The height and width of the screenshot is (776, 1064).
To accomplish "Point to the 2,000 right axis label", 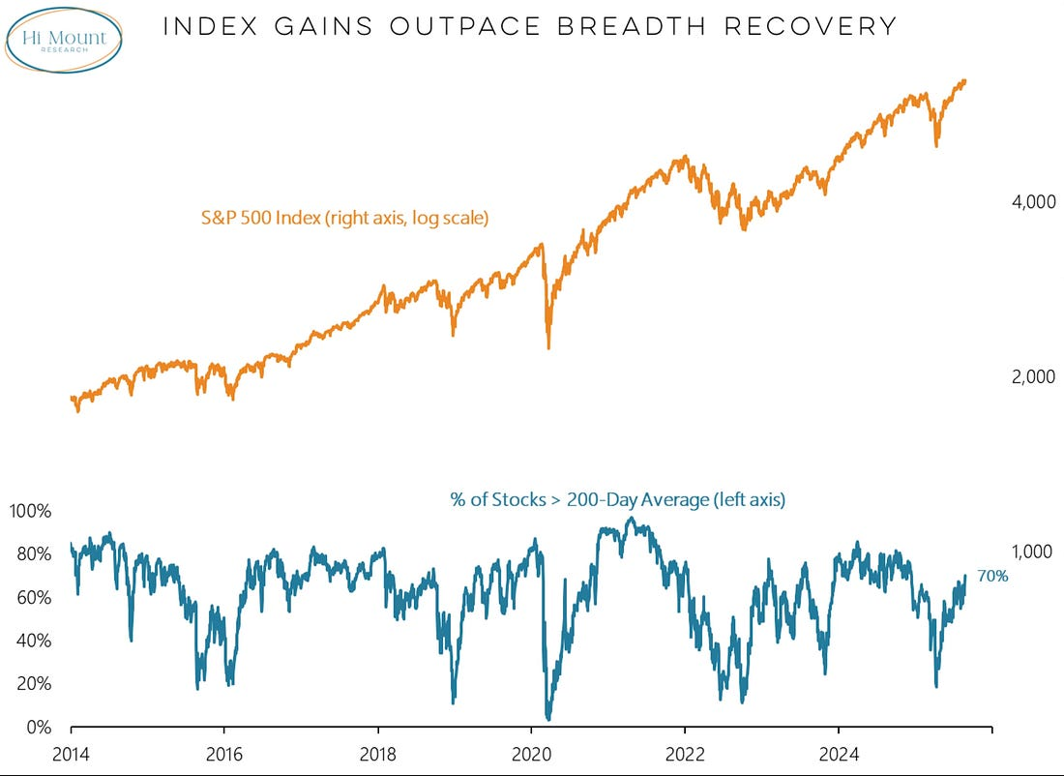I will pyautogui.click(x=1024, y=376).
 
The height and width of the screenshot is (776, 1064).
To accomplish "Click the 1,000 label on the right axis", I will pyautogui.click(x=1024, y=552).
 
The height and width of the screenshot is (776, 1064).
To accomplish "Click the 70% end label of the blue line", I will pyautogui.click(x=992, y=576).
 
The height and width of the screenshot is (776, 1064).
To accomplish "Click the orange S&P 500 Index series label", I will pyautogui.click(x=344, y=219).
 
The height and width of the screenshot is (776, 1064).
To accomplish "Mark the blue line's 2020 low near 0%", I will pyautogui.click(x=548, y=718).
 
